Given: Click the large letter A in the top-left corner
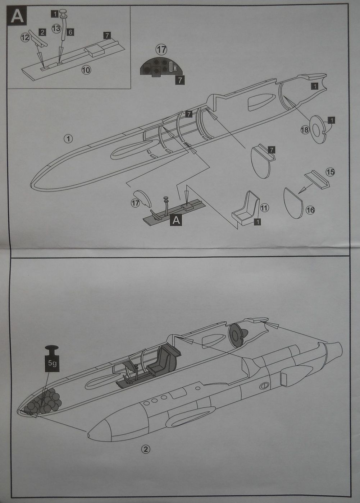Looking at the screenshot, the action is [x=17, y=16].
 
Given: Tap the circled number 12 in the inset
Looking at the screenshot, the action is [x=25, y=37].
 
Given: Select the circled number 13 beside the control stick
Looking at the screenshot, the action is [x=56, y=28].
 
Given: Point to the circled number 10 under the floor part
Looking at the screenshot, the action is [x=86, y=70].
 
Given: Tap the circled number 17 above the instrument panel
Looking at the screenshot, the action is [x=161, y=49].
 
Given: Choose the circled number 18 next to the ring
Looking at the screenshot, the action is [x=305, y=129].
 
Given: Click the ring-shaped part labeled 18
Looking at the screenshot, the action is [x=317, y=129].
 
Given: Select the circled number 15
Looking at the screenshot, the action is [x=330, y=172].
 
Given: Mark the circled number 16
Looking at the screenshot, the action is [x=310, y=210].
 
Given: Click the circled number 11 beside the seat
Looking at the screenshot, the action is [x=265, y=207].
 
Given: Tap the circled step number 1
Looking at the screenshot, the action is [x=68, y=138].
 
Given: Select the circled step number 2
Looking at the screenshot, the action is [x=145, y=449].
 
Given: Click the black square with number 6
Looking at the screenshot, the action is [x=70, y=32].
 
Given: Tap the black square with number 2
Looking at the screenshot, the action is [x=42, y=32].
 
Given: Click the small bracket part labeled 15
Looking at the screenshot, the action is [x=317, y=179].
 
